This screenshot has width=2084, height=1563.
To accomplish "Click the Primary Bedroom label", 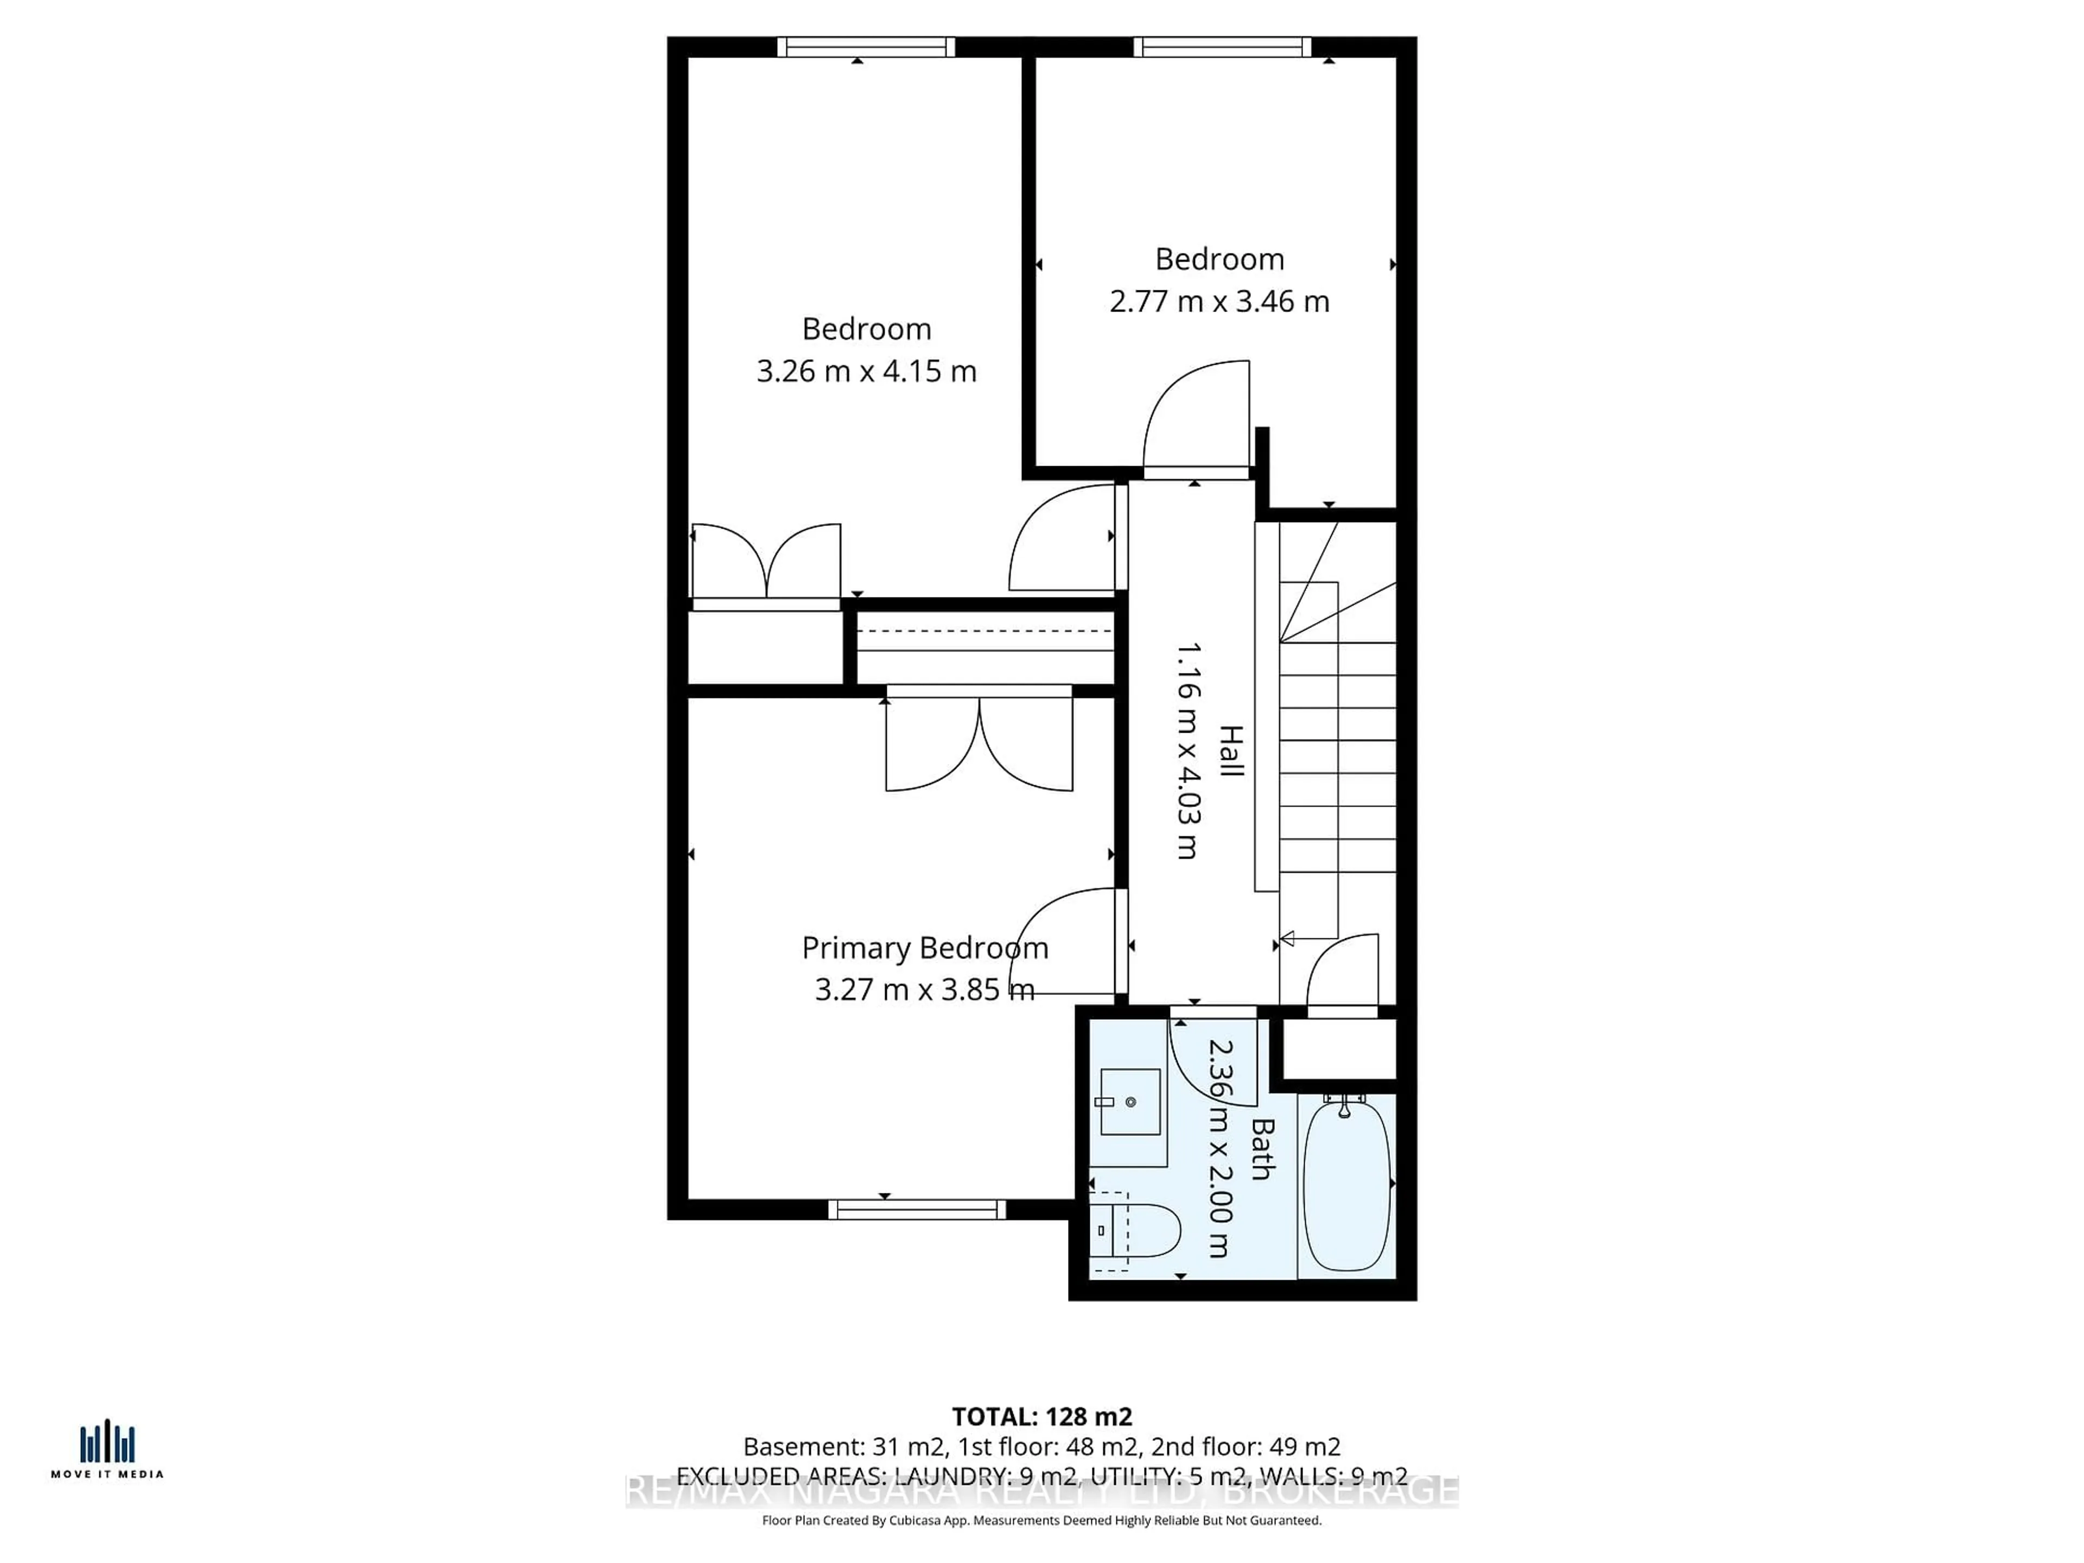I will (x=924, y=948).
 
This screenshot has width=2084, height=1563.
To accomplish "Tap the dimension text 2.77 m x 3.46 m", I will (x=1219, y=302).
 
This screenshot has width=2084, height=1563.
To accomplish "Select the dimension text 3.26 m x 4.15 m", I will (x=866, y=371).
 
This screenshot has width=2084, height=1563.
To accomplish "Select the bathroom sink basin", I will (x=1129, y=1101).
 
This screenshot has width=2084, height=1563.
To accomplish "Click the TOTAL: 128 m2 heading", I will (x=1041, y=1416).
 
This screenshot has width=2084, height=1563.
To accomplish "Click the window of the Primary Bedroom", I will (x=917, y=1209).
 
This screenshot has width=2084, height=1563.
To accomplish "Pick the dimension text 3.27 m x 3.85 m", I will (x=924, y=989).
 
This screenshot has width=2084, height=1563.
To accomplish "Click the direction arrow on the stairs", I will (x=1287, y=938).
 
